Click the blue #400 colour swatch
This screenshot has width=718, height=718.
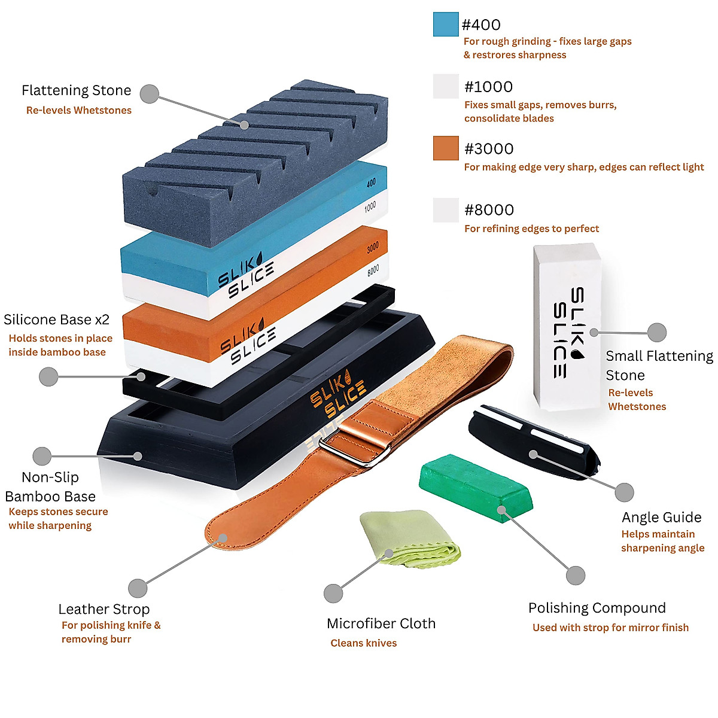point(446,25)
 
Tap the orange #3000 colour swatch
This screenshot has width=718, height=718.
point(446,148)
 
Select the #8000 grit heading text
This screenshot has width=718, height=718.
point(489,210)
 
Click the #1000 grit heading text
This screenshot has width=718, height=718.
point(488,87)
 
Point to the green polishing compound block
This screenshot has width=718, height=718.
point(476,487)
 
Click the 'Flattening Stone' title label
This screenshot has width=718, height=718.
point(76,90)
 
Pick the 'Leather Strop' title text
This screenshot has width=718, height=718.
point(104,609)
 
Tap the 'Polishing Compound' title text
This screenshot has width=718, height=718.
point(597,608)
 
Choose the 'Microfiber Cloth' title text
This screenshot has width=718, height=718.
point(381,623)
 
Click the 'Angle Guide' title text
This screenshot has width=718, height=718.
point(661,517)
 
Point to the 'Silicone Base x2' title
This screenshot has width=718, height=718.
point(57,320)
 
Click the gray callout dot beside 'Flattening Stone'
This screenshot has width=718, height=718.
point(149,94)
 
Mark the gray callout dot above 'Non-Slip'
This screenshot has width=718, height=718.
point(42,456)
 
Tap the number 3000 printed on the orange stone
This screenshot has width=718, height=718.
point(373,247)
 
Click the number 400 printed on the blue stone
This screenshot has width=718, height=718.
point(371,182)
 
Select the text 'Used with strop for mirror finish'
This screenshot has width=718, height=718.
point(610,628)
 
